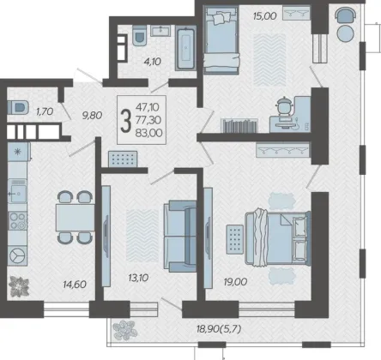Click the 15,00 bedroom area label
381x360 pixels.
pos(265,16)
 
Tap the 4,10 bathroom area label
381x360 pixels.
pos(153,62)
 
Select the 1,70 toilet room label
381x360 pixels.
pos(45,111)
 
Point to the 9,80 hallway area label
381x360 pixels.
pos(92,116)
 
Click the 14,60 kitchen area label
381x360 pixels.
pos(75,285)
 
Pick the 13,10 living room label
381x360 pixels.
pos(138,278)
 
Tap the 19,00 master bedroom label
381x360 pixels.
pos(235,282)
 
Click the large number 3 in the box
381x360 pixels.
pos(125,121)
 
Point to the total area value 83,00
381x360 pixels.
pos(149,133)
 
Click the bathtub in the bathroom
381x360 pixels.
pos(185,48)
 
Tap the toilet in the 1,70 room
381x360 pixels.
pos(18,107)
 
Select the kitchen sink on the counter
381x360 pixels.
pos(17,191)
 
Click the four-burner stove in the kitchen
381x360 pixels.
pos(17,221)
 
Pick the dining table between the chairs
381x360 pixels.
pos(75,218)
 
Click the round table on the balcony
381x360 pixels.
pos(346,33)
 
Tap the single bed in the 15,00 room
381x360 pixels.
pos(221,40)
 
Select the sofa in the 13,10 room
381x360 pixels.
pos(180,236)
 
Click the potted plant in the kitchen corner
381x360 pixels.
pos(19,286)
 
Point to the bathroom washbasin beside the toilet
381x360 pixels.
pos(160,31)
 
